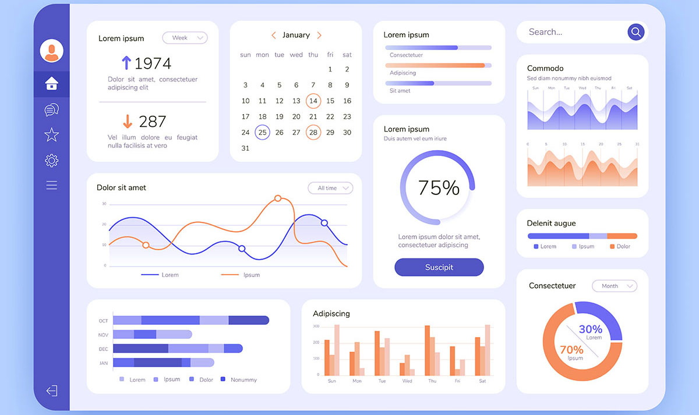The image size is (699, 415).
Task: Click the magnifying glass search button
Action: pyautogui.click(x=636, y=32)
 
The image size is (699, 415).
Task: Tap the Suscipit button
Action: pyautogui.click(x=439, y=267)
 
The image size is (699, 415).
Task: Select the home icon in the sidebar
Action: pyautogui.click(x=51, y=84)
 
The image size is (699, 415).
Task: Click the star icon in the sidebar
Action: pyautogui.click(x=51, y=135)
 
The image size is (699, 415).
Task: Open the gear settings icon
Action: pyautogui.click(x=51, y=161)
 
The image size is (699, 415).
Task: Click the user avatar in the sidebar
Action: pyautogui.click(x=51, y=51)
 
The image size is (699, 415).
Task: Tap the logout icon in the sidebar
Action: pyautogui.click(x=51, y=391)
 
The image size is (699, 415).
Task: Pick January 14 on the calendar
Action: pyautogui.click(x=313, y=101)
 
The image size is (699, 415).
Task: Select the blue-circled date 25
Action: pyautogui.click(x=262, y=132)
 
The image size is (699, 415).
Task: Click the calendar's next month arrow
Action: pyautogui.click(x=319, y=36)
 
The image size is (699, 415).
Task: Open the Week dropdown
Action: pyautogui.click(x=185, y=38)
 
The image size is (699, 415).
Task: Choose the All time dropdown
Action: pyautogui.click(x=330, y=188)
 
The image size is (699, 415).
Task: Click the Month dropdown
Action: pyautogui.click(x=614, y=286)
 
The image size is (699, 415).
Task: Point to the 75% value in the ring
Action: pyautogui.click(x=439, y=187)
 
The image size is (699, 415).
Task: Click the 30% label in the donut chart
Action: pyautogui.click(x=590, y=329)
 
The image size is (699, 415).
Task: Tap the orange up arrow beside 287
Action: pyautogui.click(x=128, y=121)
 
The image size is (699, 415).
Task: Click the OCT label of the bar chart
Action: pyautogui.click(x=103, y=321)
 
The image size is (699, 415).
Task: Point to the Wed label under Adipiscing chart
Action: pyautogui.click(x=407, y=381)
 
